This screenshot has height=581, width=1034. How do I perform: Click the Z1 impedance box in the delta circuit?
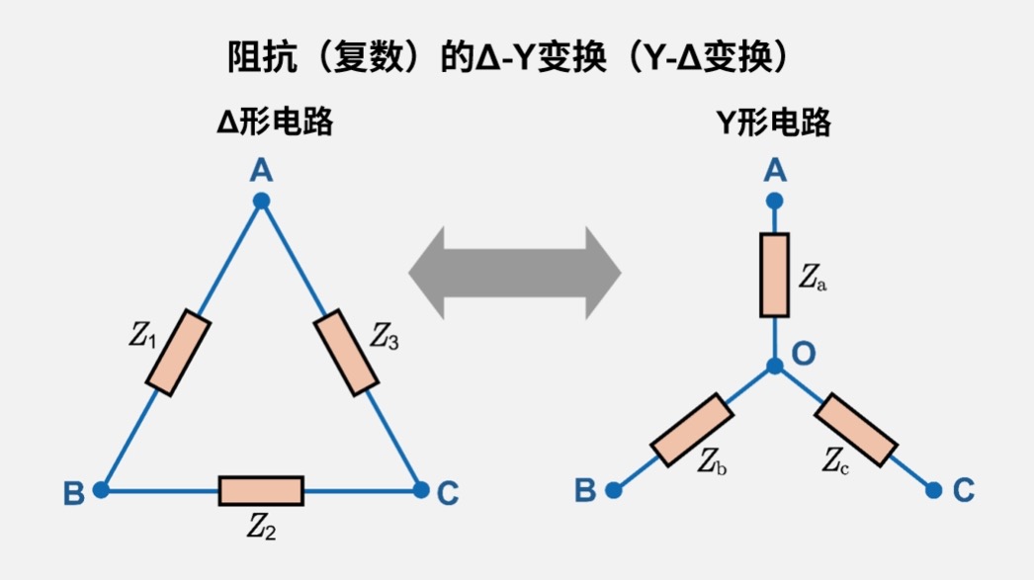click(x=178, y=354)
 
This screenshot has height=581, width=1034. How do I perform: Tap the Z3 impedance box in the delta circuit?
click(x=346, y=352)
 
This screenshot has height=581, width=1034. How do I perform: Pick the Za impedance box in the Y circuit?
click(x=774, y=276)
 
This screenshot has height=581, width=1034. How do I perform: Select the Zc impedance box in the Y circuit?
click(x=857, y=429)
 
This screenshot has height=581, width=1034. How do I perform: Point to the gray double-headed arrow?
click(x=515, y=272)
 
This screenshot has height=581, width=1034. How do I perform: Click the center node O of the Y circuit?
click(x=775, y=367)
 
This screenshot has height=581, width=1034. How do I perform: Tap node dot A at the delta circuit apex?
click(x=261, y=202)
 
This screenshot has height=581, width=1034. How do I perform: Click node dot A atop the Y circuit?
click(x=775, y=201)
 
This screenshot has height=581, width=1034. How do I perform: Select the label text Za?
click(x=813, y=278)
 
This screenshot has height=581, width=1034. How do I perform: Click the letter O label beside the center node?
click(x=805, y=354)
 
